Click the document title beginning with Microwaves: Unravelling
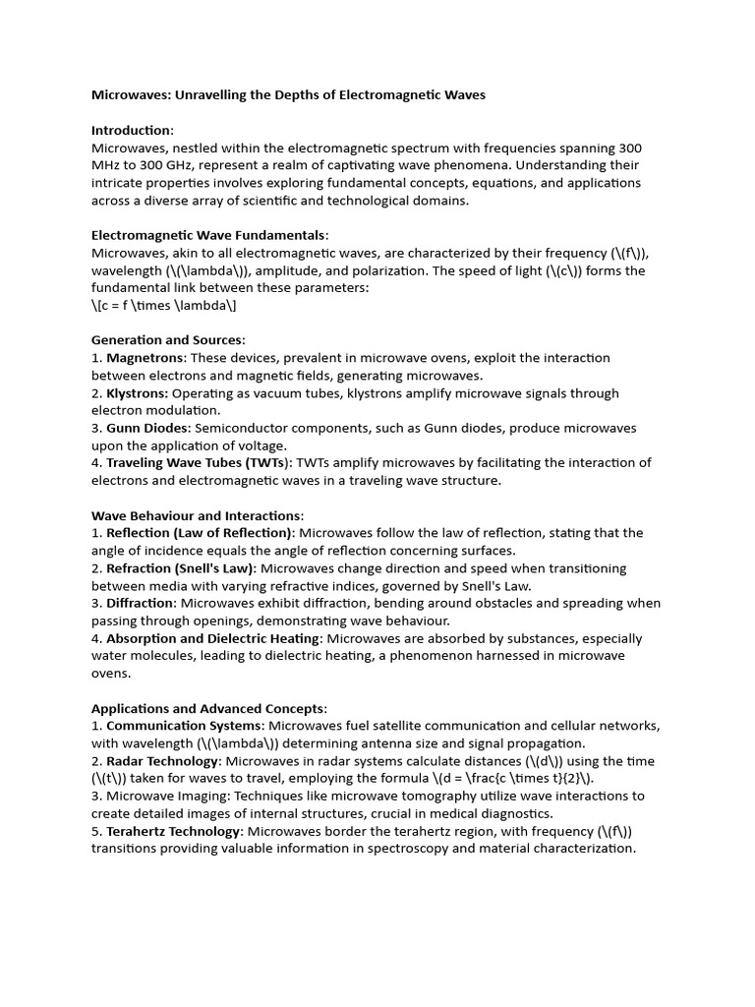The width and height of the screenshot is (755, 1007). [288, 95]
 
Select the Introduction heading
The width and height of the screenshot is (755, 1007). [132, 131]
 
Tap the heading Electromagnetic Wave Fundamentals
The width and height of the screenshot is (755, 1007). [208, 235]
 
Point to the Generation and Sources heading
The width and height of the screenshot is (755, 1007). [168, 340]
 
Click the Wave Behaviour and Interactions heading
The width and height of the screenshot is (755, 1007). [197, 515]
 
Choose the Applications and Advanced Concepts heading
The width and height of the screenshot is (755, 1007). [208, 708]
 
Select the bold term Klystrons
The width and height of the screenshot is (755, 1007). [138, 393]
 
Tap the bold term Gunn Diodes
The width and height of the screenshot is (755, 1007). [147, 428]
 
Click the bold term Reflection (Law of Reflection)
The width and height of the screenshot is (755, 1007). [200, 533]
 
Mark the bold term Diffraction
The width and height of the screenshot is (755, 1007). [141, 603]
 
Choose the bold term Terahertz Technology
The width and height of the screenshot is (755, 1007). [173, 831]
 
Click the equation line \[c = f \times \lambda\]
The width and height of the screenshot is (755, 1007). [164, 305]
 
